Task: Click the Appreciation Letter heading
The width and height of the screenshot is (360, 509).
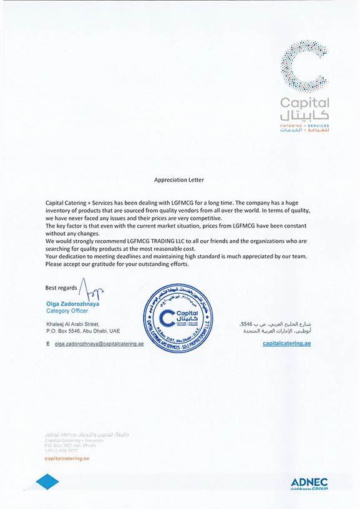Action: (179, 180)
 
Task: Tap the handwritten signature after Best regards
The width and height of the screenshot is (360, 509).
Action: (92, 289)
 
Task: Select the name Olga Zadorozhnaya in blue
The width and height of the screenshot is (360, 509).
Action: (73, 304)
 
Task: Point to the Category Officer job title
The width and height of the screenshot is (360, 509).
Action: (67, 311)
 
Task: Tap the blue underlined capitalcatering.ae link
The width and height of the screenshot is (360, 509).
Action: (286, 344)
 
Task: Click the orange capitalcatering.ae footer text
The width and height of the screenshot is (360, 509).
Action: (67, 458)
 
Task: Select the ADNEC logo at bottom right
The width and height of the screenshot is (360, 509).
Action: (309, 483)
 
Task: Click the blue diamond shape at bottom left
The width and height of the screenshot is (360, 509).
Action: (47, 482)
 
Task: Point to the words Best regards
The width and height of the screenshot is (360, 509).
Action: (61, 288)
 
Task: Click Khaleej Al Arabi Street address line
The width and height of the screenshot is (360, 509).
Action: (73, 324)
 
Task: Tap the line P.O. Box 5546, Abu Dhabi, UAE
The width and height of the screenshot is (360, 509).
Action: (82, 331)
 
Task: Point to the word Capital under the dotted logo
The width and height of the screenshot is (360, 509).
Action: (304, 103)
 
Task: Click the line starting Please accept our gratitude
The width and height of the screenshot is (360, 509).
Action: (117, 264)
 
